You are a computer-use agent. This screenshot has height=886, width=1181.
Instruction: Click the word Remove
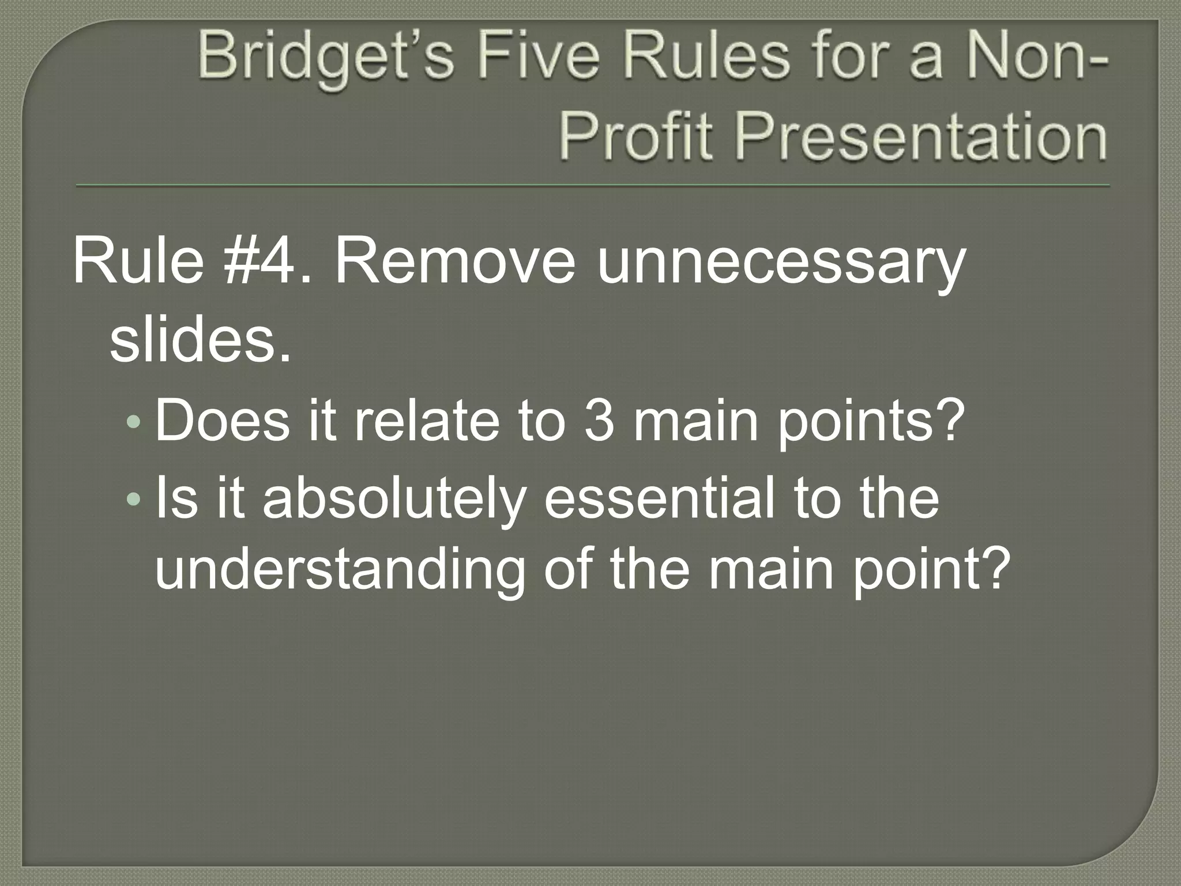tap(455, 263)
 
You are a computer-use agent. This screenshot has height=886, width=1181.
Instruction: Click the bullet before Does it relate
tap(133, 423)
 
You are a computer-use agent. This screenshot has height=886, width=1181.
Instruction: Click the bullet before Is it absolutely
tap(133, 497)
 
